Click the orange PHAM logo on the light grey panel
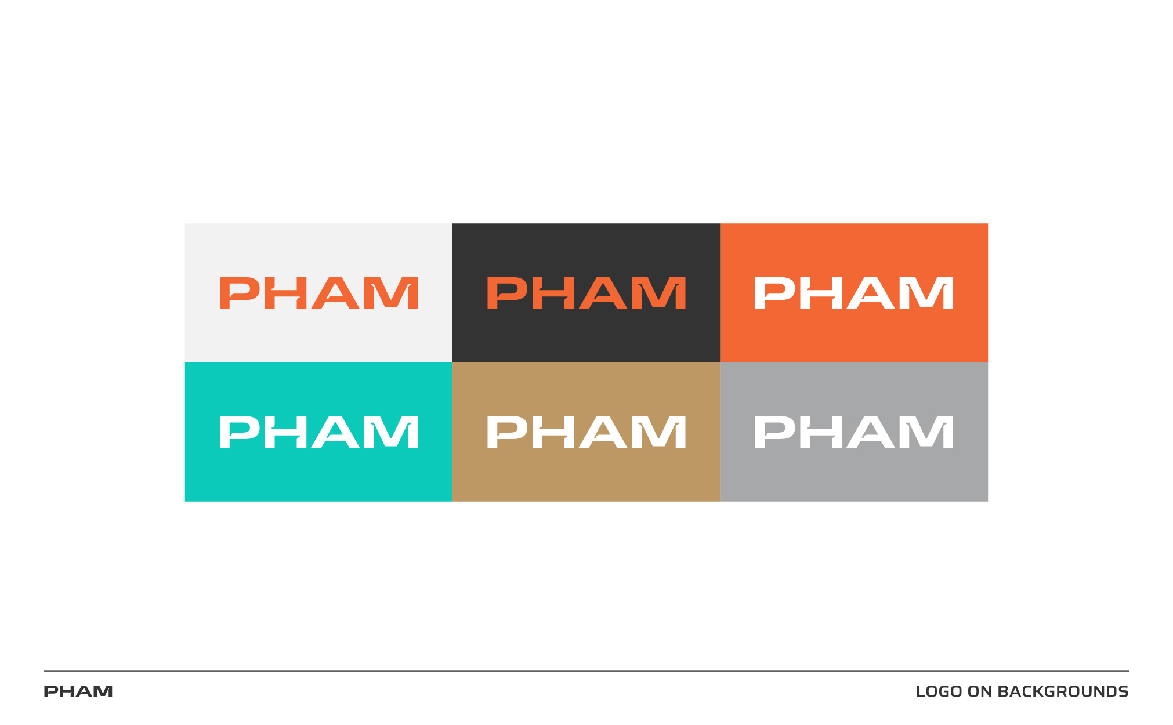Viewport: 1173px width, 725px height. click(318, 293)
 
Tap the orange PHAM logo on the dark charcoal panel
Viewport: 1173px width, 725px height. click(586, 293)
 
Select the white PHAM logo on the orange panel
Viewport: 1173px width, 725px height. click(854, 293)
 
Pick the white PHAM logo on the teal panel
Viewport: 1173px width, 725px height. click(318, 432)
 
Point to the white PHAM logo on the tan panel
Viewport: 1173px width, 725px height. click(586, 432)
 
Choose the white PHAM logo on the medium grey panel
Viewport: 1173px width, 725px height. click(854, 432)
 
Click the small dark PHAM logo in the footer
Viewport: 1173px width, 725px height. click(78, 691)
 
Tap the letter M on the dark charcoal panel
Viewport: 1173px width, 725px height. click(662, 293)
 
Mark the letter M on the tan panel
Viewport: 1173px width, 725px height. click(662, 432)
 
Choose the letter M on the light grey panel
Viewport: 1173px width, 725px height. click(394, 293)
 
